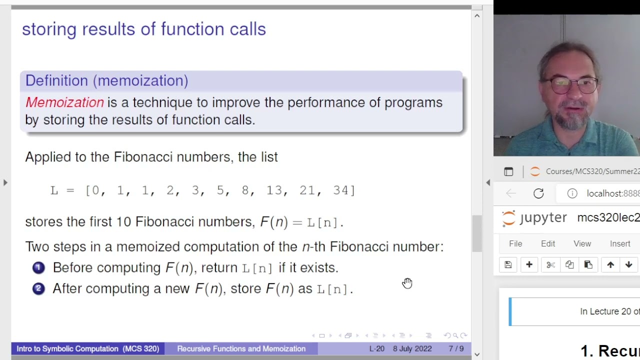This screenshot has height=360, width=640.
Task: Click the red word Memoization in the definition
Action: click(64, 102)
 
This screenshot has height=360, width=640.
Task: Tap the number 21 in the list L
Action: click(307, 190)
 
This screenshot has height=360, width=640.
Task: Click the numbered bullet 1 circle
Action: click(38, 268)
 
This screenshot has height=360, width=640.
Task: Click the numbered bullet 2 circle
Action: click(38, 289)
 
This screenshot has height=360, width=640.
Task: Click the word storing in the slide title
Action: click(49, 29)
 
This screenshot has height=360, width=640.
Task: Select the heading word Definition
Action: click(56, 80)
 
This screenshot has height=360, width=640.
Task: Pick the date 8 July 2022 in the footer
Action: click(412, 348)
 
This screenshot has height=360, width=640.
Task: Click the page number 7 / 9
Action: click(456, 348)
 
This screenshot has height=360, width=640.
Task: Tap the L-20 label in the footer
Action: click(377, 348)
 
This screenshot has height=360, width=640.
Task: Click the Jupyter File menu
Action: click(515, 243)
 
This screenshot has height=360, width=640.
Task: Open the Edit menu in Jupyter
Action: click(548, 243)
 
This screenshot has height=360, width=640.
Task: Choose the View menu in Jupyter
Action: click(582, 243)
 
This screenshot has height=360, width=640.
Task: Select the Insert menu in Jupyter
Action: click(620, 243)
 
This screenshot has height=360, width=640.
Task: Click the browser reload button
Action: click(538, 193)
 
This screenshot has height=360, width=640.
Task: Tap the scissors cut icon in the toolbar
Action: click(550, 265)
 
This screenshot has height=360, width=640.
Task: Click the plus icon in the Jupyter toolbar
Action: click(529, 265)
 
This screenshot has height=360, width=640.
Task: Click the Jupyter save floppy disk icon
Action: click(508, 265)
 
